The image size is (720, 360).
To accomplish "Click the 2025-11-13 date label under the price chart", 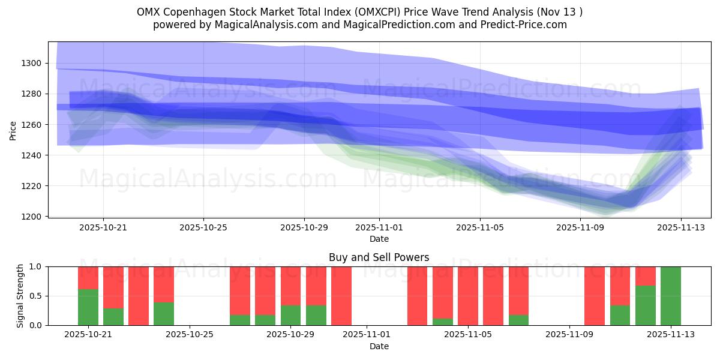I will pos(680,228).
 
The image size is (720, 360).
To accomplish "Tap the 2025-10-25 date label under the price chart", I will pos(203,228).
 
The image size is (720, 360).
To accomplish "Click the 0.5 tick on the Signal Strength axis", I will pos(36,296).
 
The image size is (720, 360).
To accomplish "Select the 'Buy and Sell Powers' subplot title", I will pos(379,257).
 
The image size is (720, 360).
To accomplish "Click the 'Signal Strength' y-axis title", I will pos(20,296).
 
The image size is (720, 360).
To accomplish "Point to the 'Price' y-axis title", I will pos(13,130).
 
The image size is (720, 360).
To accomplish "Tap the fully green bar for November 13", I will pos(670,296).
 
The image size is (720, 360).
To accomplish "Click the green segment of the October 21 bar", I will pos(88,307).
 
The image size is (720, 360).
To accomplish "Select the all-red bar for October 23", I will pos(139,296).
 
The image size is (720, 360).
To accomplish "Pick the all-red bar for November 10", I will pos(595,296).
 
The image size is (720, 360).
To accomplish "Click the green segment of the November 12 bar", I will pos(645,305).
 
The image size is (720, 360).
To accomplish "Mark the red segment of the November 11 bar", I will pos(620,286).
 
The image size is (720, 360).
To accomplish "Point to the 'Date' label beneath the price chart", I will pos(379,239).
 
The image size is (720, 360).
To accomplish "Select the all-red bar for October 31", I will pos(341,296).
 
